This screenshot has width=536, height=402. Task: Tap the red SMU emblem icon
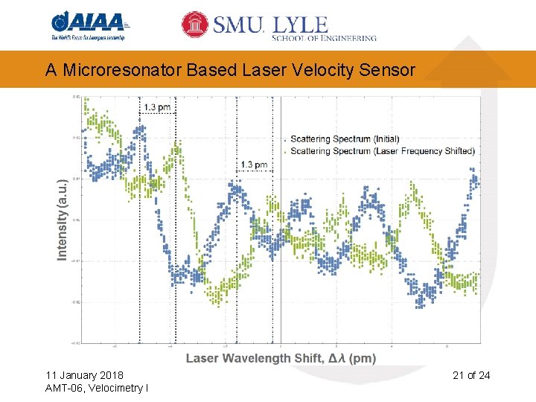(195, 25)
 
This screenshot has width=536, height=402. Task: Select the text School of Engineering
(325, 37)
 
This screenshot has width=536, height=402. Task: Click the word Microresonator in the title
(121, 70)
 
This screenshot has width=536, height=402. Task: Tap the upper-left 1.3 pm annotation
(157, 107)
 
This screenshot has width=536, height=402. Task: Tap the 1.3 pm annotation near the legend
(255, 165)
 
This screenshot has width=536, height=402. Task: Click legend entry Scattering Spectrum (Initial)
(345, 139)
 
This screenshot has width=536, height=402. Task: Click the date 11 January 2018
(84, 375)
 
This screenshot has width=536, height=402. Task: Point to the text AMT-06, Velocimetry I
(96, 389)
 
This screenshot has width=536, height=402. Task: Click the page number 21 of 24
(471, 375)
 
